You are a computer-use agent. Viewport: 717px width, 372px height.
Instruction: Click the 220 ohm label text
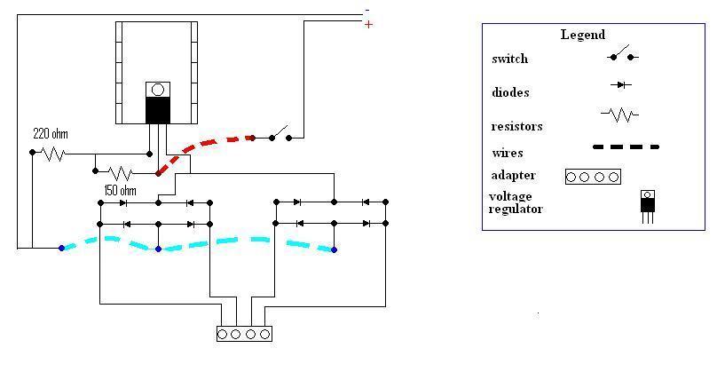point(50,134)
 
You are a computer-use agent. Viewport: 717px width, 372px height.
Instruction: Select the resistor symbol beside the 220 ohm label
point(53,153)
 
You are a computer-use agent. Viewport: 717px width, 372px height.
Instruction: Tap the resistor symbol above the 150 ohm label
point(120,171)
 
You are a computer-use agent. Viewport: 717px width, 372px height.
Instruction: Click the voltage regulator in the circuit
point(157,104)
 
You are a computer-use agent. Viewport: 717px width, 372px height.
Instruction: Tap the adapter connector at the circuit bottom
point(244,334)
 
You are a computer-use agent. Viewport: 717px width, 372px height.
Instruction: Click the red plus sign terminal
point(368,25)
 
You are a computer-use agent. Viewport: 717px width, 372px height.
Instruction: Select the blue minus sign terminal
point(368,11)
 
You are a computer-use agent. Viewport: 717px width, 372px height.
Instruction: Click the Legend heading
point(582,35)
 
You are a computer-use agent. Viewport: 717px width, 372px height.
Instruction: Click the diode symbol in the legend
point(620,85)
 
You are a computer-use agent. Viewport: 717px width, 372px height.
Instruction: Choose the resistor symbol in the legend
point(619,115)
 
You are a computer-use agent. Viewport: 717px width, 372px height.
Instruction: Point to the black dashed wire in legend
point(626,146)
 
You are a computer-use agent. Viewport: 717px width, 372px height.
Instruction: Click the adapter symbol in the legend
point(592,176)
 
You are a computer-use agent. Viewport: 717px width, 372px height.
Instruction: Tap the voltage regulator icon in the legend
point(648,205)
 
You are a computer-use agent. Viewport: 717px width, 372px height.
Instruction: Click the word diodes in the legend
point(510,92)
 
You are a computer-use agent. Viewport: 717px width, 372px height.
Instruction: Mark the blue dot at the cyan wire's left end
point(61,248)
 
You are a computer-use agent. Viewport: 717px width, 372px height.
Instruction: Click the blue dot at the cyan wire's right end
point(334,249)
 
